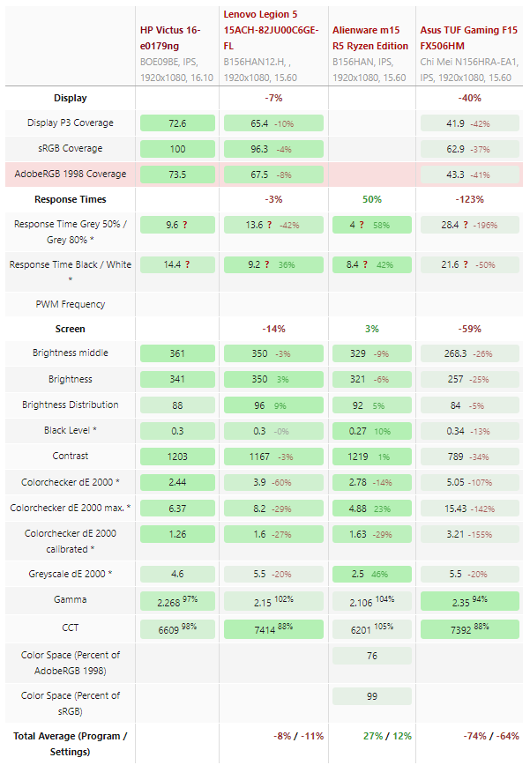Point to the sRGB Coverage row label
point(70,148)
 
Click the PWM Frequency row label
point(70,304)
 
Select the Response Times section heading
point(70,199)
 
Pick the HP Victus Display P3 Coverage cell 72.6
point(176,123)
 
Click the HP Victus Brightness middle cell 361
point(176,353)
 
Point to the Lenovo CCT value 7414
point(264,632)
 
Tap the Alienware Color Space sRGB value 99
point(372,696)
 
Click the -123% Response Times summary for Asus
point(470,199)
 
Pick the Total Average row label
point(70,744)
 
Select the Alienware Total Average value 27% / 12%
point(371,735)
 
